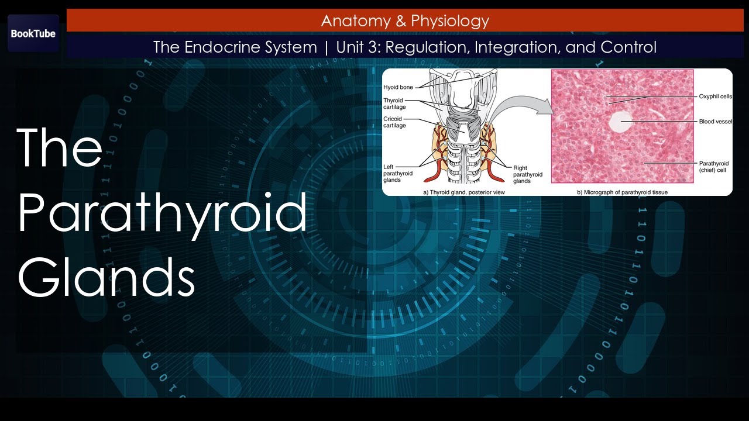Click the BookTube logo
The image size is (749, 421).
click(x=33, y=33)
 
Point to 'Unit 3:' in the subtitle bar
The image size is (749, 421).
click(x=358, y=47)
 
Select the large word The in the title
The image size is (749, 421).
click(x=60, y=147)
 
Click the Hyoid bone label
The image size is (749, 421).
click(x=398, y=87)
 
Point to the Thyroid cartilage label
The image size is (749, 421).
click(x=394, y=103)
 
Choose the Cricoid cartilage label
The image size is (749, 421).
click(x=394, y=122)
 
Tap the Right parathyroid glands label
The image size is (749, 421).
click(x=527, y=174)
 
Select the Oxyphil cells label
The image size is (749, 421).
click(x=715, y=96)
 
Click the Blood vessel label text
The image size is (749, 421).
click(x=715, y=122)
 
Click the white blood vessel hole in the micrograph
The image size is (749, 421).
click(x=620, y=122)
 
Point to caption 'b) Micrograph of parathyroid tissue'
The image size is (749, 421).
click(x=622, y=192)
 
